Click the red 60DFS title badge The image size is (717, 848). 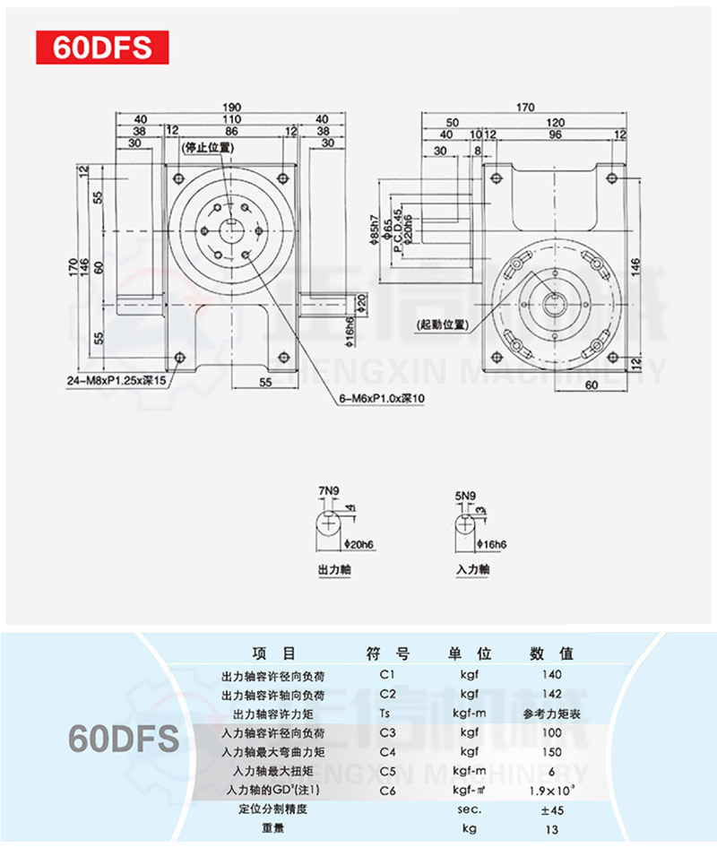[x=101, y=48]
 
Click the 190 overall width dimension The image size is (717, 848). [x=232, y=107]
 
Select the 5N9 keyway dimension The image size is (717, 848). [x=467, y=493]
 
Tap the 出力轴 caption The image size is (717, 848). [x=333, y=569]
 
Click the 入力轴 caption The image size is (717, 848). [x=472, y=569]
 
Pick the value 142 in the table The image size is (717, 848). [x=552, y=694]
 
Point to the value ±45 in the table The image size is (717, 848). [x=552, y=809]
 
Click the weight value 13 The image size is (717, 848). [x=552, y=829]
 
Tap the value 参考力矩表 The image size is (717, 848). [x=552, y=714]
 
